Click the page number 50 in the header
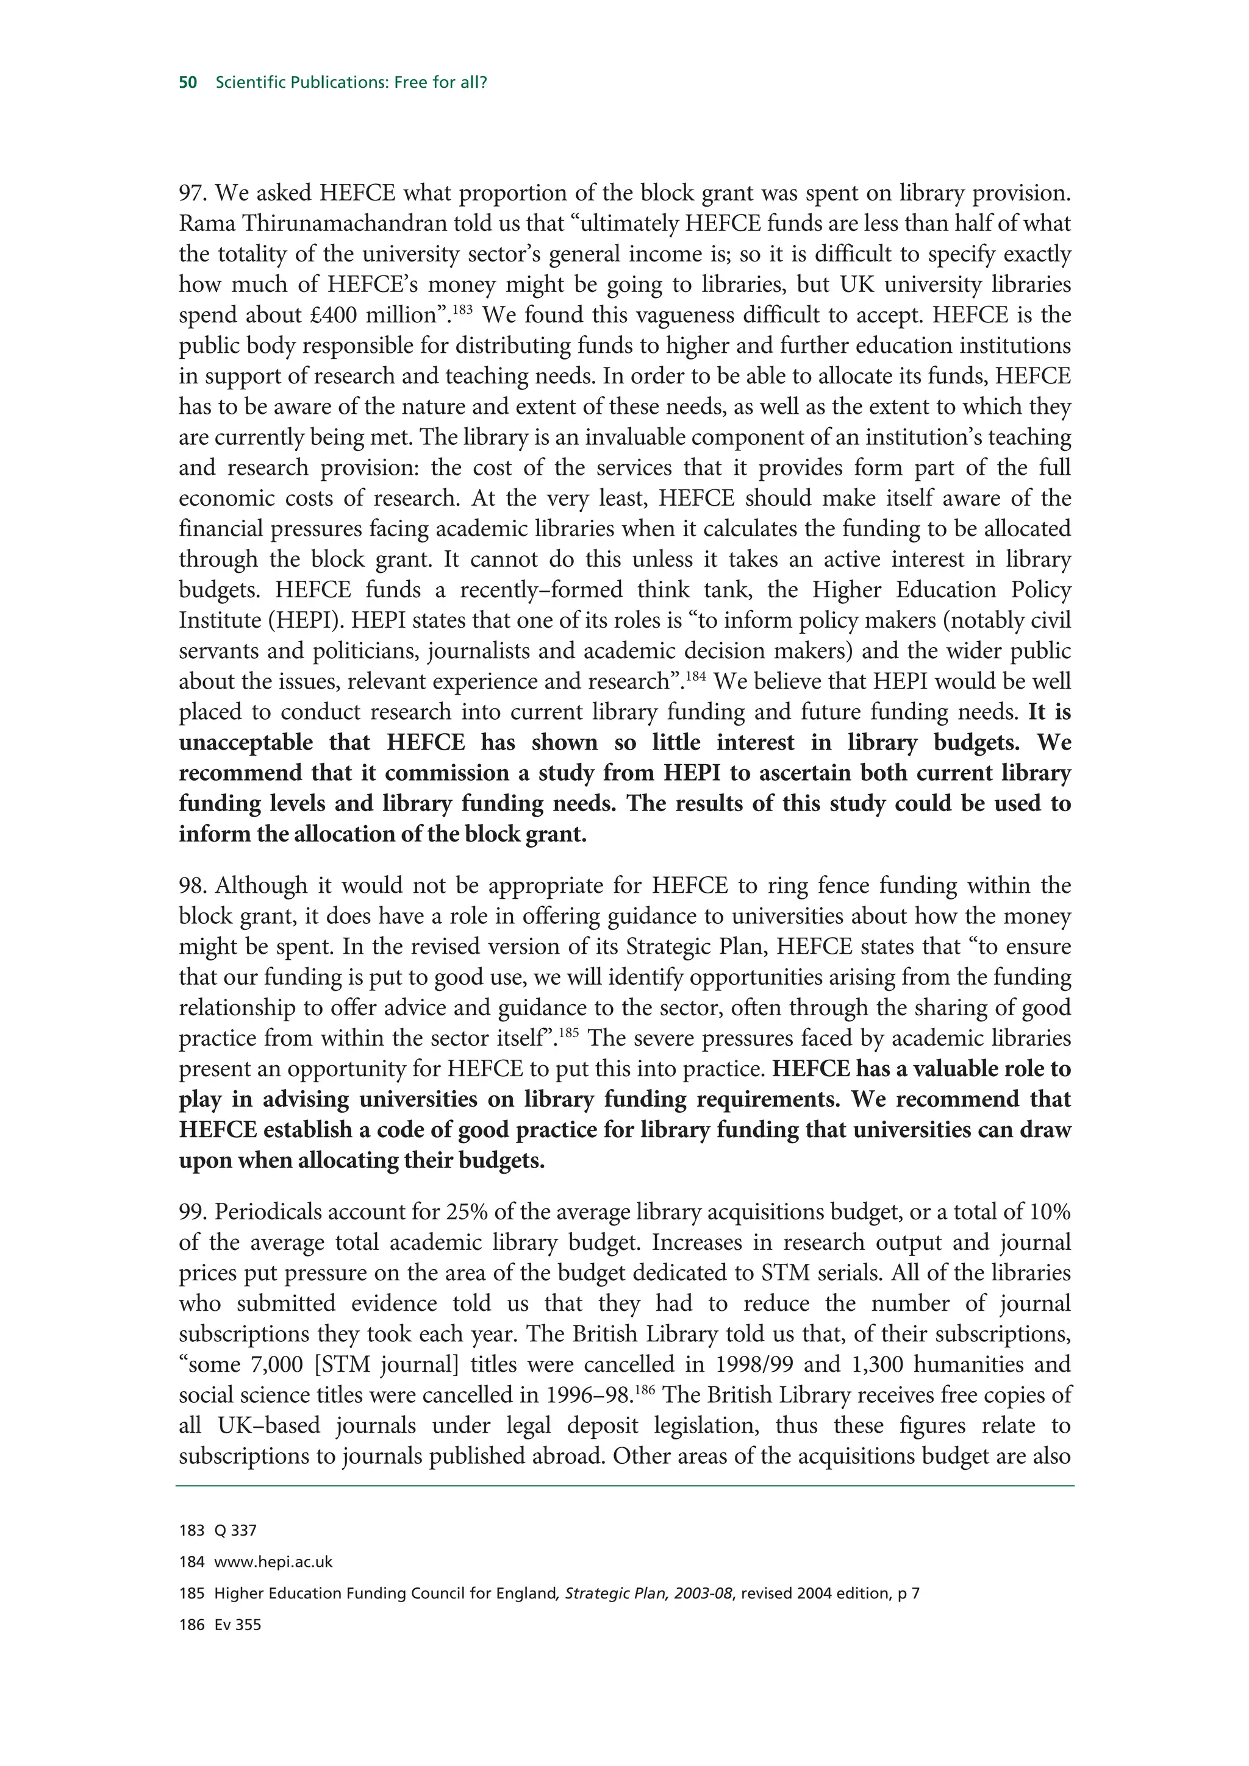(x=188, y=82)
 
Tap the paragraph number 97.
(x=192, y=193)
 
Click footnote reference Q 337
(x=235, y=1531)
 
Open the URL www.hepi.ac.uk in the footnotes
(x=273, y=1562)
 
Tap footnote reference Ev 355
(x=238, y=1625)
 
